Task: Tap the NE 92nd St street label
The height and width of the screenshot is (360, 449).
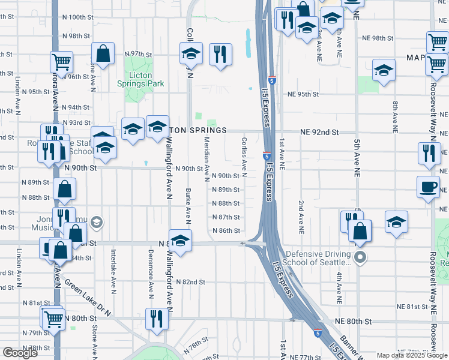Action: (319, 131)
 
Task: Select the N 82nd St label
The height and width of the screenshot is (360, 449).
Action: (190, 281)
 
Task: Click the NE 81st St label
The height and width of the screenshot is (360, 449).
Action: (411, 307)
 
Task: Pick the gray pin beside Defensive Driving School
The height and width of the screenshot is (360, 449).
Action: (360, 258)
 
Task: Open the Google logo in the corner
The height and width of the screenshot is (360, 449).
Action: (20, 353)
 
